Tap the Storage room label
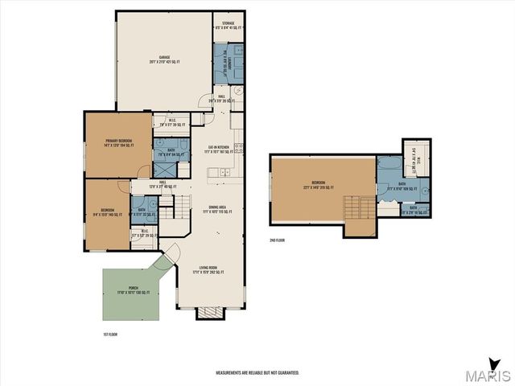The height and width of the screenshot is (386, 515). click(229, 26)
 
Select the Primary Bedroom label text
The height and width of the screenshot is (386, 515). click(118, 143)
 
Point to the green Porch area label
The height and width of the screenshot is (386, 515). click(133, 291)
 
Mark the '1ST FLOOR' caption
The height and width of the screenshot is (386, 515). click(109, 332)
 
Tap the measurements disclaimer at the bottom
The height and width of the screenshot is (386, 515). click(257, 373)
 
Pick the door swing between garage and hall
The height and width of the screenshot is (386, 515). click(206, 98)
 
